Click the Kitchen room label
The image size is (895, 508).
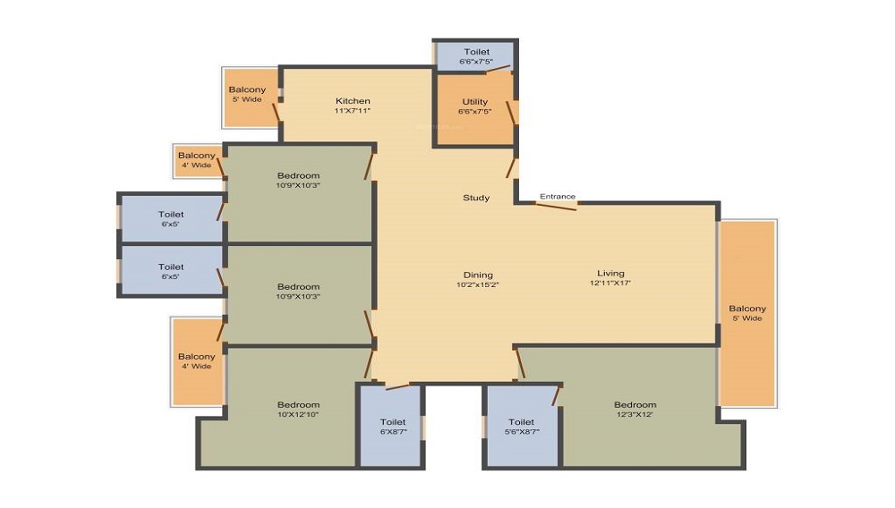353,101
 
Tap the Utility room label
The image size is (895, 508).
475,102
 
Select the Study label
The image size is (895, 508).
476,198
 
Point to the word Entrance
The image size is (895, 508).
558,196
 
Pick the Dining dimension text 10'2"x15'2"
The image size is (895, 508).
478,284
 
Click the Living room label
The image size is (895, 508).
610,273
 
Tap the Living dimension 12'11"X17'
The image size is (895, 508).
610,283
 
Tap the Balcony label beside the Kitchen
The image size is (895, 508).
247,89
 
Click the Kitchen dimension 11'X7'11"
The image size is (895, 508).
352,111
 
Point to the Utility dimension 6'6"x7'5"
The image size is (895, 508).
475,112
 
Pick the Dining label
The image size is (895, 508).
478,275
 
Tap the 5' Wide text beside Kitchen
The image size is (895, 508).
247,99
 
